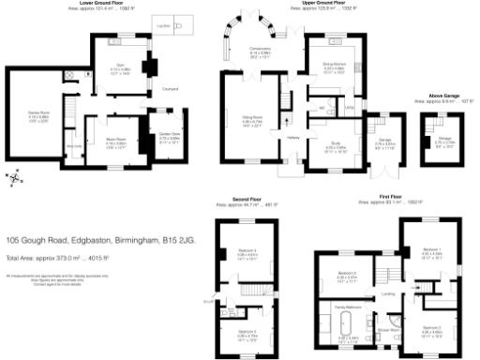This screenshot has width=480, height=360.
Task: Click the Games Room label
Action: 25,112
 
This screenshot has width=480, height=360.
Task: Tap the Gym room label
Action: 120,67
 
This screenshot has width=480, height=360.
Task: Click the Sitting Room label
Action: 251,117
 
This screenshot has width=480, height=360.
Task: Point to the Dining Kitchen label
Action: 336,63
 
